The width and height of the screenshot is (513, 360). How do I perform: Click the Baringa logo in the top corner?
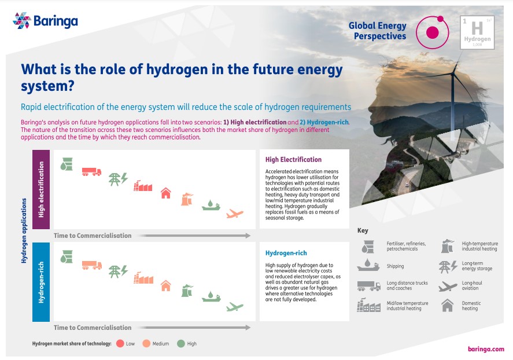click(x=45, y=21)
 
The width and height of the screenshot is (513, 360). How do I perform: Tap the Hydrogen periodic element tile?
click(x=477, y=32)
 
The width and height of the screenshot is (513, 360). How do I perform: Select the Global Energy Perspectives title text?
click(x=378, y=31)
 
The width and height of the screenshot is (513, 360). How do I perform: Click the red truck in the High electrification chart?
click(x=91, y=171)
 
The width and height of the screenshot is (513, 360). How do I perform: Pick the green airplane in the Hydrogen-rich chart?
click(x=235, y=306)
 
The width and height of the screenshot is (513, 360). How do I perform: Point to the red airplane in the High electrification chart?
click(x=235, y=214)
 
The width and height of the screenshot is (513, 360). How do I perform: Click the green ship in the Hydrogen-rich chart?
click(x=211, y=297)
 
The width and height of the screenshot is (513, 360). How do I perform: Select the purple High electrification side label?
click(x=42, y=189)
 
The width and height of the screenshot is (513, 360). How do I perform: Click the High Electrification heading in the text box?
click(x=293, y=160)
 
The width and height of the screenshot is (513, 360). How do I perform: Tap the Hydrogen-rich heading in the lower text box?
click(x=286, y=253)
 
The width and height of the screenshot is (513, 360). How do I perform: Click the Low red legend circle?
click(x=120, y=343)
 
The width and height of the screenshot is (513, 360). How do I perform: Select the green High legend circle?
click(x=180, y=343)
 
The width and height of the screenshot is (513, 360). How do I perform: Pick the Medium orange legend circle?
click(x=146, y=343)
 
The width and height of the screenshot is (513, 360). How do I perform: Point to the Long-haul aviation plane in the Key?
click(x=448, y=285)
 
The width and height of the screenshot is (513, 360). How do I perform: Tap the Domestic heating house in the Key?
click(x=448, y=306)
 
